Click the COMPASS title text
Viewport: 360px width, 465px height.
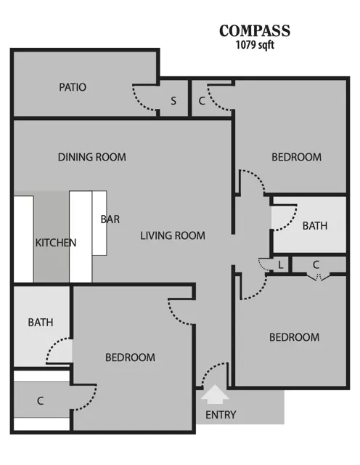[x=255, y=31]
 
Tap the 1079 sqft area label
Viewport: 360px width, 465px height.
[x=255, y=45]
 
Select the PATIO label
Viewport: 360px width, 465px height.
[x=73, y=87]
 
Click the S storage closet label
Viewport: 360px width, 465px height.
[x=173, y=101]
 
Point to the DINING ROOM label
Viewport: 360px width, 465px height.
[x=92, y=157]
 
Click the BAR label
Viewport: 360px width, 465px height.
[x=110, y=219]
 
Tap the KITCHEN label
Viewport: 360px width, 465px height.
[x=56, y=243]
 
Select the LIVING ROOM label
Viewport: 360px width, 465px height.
[x=173, y=235]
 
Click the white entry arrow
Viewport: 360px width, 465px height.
[x=215, y=394]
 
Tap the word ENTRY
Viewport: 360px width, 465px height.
[x=221, y=415]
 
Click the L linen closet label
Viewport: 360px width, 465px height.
[x=280, y=264]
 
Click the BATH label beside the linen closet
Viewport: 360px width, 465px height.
[x=315, y=226]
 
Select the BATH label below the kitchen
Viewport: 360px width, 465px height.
[x=41, y=323]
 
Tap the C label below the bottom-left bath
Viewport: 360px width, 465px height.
[x=41, y=401]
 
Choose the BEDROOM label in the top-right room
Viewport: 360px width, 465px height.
[x=297, y=157]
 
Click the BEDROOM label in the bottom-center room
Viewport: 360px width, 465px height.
[x=130, y=357]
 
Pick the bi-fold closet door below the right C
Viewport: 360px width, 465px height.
[x=318, y=278]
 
